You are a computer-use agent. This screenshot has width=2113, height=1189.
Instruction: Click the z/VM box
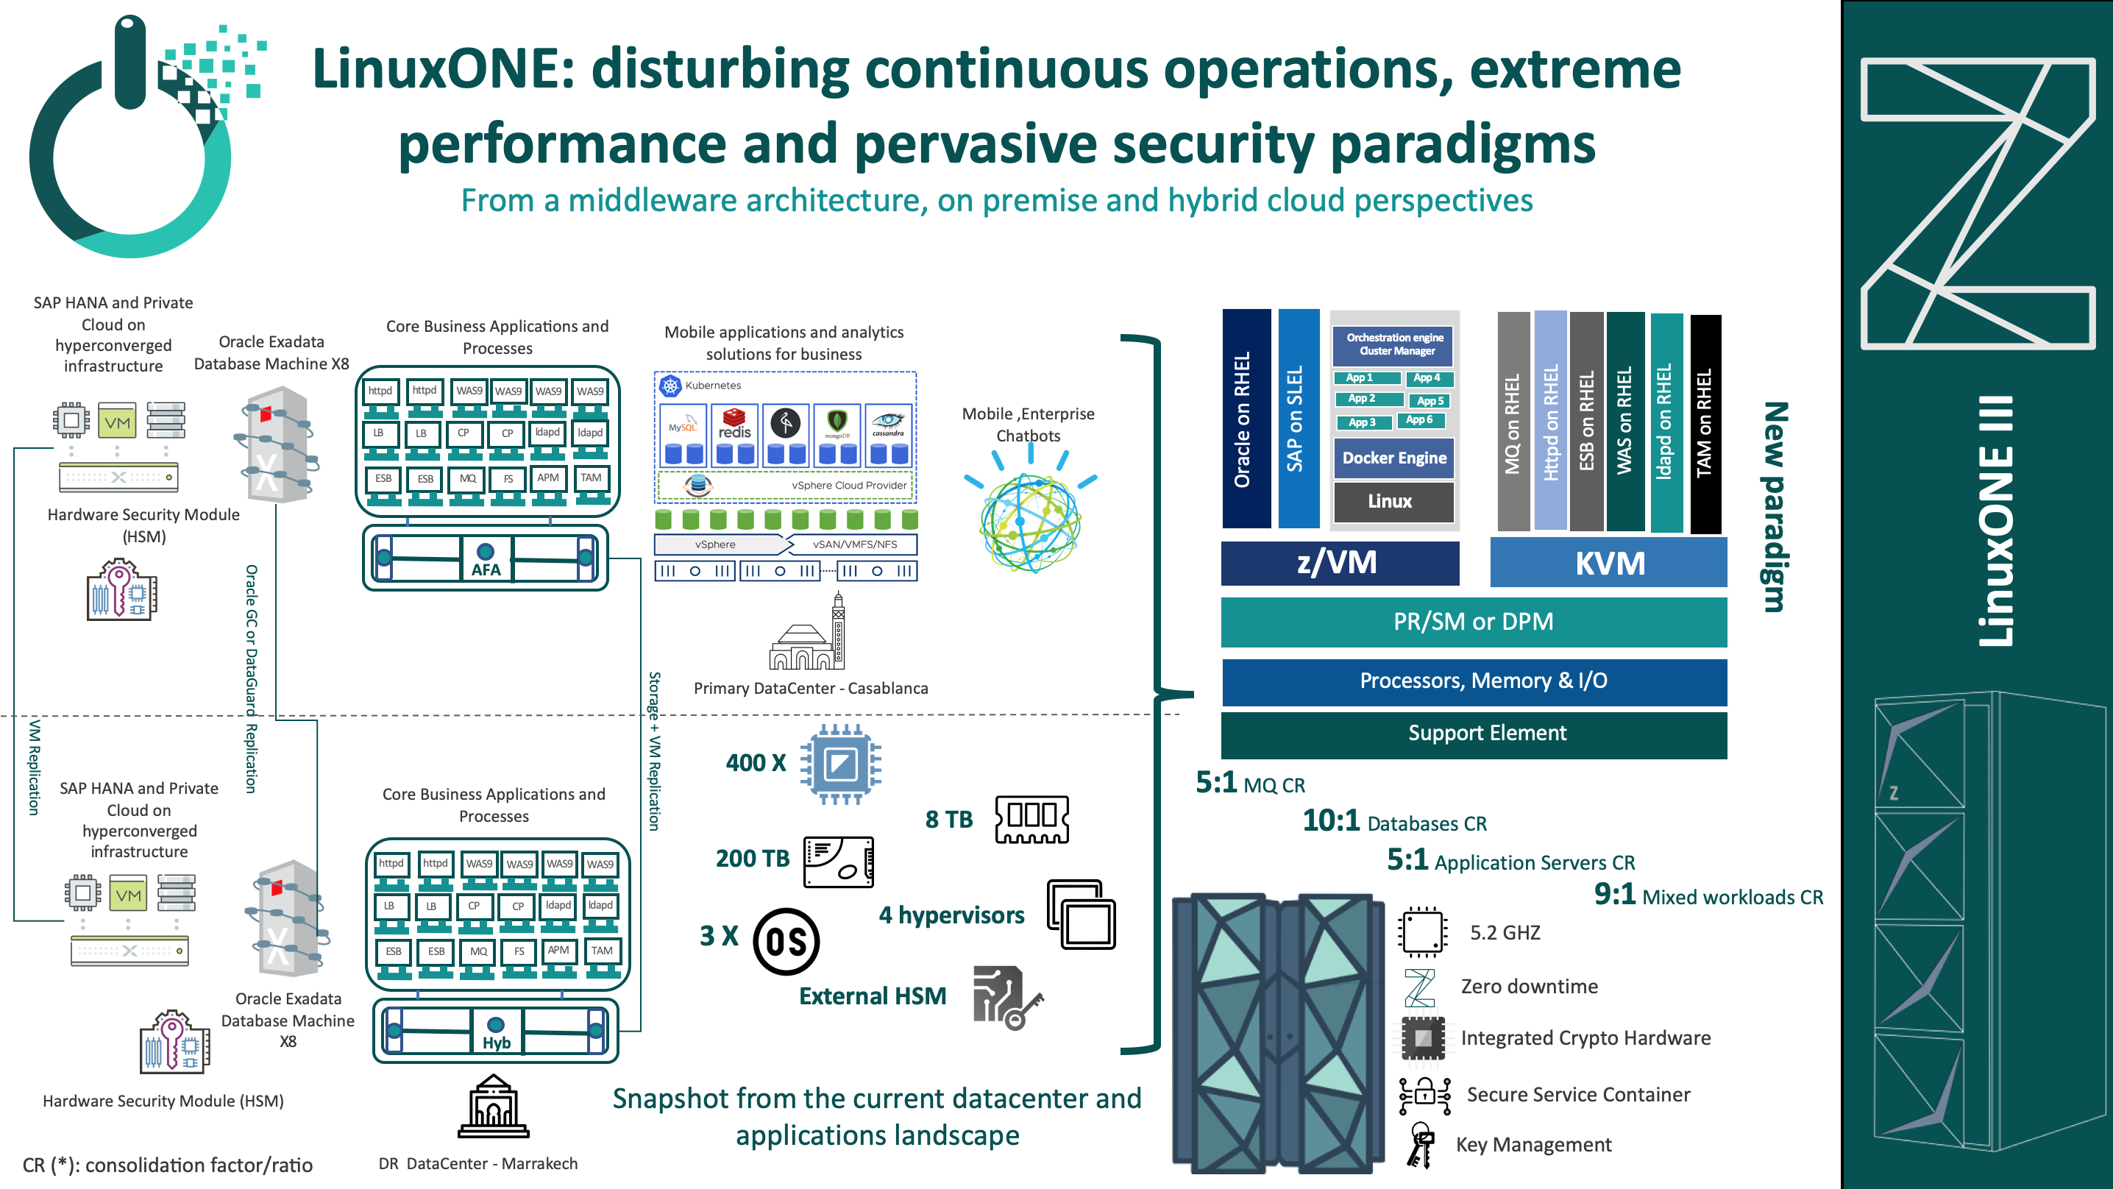click(x=1339, y=563)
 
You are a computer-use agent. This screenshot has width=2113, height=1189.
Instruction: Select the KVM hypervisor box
click(x=1608, y=563)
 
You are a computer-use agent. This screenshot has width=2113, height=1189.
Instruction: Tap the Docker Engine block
click(x=1393, y=458)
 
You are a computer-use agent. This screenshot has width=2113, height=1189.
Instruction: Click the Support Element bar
click(x=1473, y=733)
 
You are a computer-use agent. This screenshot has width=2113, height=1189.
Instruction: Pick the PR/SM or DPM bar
click(x=1473, y=621)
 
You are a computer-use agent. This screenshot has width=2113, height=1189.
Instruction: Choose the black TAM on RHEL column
click(x=1705, y=422)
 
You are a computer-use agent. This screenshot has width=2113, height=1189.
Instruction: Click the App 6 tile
click(x=1420, y=420)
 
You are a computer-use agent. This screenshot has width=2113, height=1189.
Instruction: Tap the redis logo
click(x=734, y=425)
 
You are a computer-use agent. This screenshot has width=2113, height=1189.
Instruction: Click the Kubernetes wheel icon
click(x=671, y=386)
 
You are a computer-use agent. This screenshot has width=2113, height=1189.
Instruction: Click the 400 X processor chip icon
click(x=840, y=763)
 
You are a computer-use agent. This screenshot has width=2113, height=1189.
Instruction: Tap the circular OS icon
click(x=786, y=941)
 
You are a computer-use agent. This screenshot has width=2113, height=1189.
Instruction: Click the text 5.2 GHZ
click(x=1505, y=933)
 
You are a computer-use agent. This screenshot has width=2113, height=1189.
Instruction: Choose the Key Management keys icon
click(x=1421, y=1146)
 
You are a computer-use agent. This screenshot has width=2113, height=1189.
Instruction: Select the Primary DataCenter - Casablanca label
click(x=811, y=689)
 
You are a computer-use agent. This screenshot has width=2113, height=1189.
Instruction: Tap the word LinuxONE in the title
click(x=443, y=70)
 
